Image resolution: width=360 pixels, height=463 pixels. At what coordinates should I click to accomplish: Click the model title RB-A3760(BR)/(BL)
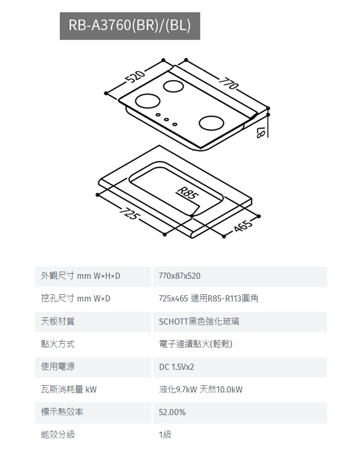tap(130, 26)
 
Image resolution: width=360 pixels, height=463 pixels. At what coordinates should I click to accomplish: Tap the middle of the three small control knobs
tap(167, 120)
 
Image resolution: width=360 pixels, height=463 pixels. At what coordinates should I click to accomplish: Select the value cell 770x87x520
tap(179, 276)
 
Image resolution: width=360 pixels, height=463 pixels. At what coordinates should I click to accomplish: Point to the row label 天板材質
tap(58, 322)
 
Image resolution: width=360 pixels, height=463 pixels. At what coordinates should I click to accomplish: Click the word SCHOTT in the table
tap(173, 322)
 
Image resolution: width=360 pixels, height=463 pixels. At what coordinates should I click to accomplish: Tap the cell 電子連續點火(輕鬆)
tap(195, 344)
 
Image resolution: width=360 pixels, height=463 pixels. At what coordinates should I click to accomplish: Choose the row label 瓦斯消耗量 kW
tap(69, 389)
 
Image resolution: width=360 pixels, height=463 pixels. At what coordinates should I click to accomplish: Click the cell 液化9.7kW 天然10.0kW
tap(201, 389)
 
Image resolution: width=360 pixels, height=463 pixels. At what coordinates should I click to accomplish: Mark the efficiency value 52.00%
tap(172, 412)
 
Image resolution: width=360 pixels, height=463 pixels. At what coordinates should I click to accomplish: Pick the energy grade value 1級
tap(165, 435)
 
